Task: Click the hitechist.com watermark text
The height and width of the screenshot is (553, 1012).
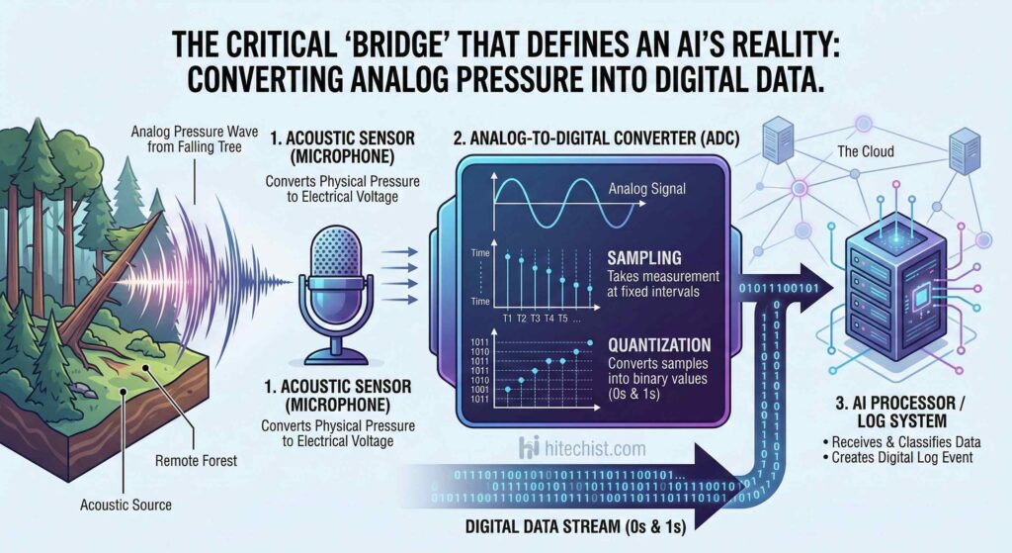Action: pos(596,448)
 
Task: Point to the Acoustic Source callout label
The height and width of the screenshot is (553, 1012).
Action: pos(126,505)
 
